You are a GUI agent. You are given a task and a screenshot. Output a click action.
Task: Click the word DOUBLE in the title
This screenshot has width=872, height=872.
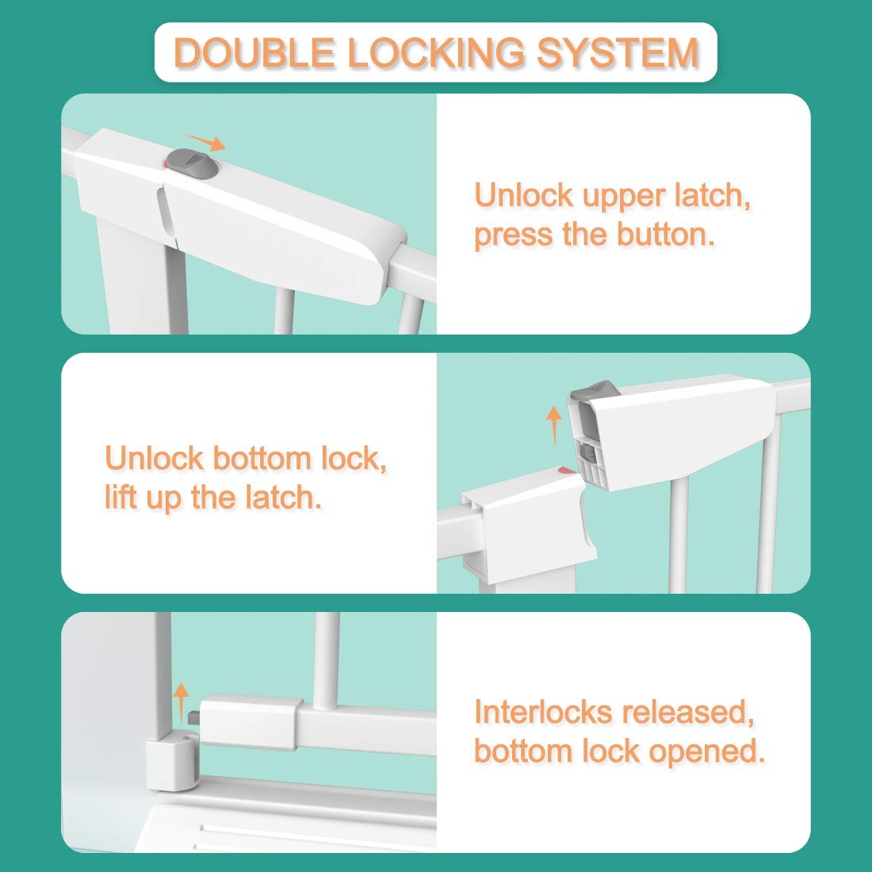[254, 52]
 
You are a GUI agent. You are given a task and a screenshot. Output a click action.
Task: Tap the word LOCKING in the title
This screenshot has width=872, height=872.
[435, 52]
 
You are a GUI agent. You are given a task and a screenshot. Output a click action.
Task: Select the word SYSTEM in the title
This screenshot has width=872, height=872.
[618, 52]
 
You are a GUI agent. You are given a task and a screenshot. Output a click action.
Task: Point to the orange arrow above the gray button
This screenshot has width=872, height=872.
[205, 143]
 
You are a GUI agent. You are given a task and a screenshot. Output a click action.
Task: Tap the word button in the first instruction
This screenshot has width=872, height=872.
[666, 234]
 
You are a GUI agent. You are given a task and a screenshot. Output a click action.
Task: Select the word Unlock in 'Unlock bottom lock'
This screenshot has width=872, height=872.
[154, 459]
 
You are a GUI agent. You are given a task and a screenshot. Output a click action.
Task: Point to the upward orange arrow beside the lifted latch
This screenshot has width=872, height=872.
[554, 426]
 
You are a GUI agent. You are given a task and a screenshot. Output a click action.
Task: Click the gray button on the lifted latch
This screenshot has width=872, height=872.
[595, 390]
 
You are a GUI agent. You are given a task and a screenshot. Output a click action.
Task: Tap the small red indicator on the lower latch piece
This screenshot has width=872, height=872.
[567, 470]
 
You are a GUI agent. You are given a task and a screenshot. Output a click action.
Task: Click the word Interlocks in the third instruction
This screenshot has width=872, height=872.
[543, 712]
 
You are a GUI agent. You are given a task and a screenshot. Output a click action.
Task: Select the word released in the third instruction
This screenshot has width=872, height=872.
[688, 713]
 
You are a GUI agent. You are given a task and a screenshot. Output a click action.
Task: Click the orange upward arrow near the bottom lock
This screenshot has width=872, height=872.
[182, 703]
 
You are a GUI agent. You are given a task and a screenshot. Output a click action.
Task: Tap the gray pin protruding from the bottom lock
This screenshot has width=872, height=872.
[193, 718]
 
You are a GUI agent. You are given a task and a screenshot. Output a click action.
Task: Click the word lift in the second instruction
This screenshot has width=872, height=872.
[120, 497]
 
